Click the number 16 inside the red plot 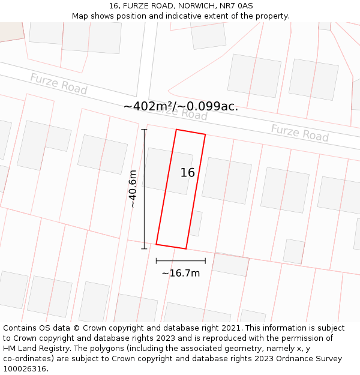pos(188,173)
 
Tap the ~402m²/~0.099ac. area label pos(181,107)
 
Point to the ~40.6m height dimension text pos(133,188)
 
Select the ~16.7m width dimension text pos(181,274)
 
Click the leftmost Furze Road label pos(59,83)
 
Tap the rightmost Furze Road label pos(299,133)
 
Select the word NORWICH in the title pos(196,6)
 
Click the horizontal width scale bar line pos(181,261)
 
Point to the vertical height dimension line pos(144,188)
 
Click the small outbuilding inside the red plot pos(194,223)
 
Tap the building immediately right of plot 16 pos(226,181)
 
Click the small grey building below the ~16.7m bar pos(230,265)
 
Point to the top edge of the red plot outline pos(191,132)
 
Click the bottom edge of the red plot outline pos(171,247)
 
